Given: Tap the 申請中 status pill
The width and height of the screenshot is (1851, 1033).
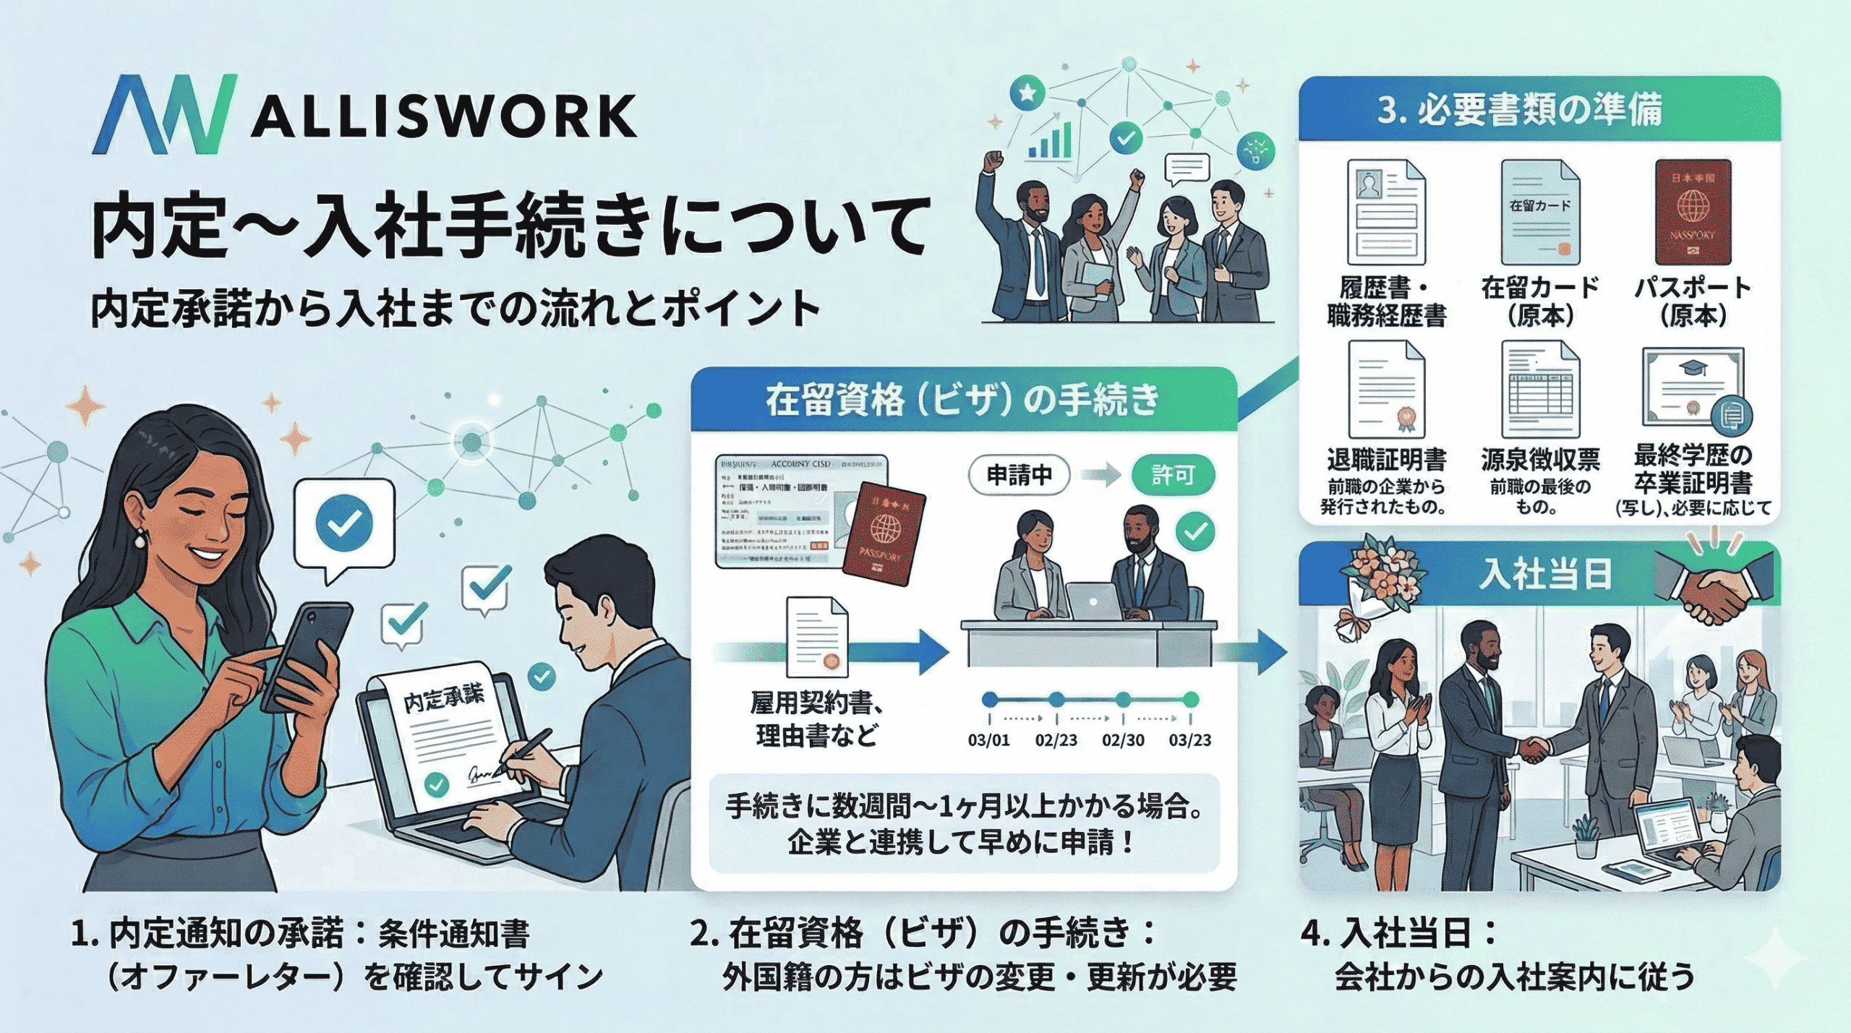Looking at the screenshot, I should (1019, 476).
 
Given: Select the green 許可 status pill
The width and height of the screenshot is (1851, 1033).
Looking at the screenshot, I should (1172, 476).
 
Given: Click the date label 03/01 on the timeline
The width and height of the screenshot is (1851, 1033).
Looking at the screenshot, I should (988, 740).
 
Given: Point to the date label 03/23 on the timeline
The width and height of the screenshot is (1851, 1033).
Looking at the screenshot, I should (1189, 740).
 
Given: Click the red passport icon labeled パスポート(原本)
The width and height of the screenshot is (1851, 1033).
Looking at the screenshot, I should (1692, 213).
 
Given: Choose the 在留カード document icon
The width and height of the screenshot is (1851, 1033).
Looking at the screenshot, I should (1539, 213).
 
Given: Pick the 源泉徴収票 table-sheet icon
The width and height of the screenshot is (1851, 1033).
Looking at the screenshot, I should (1539, 390).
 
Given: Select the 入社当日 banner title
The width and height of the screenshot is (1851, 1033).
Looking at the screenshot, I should (1545, 575).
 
